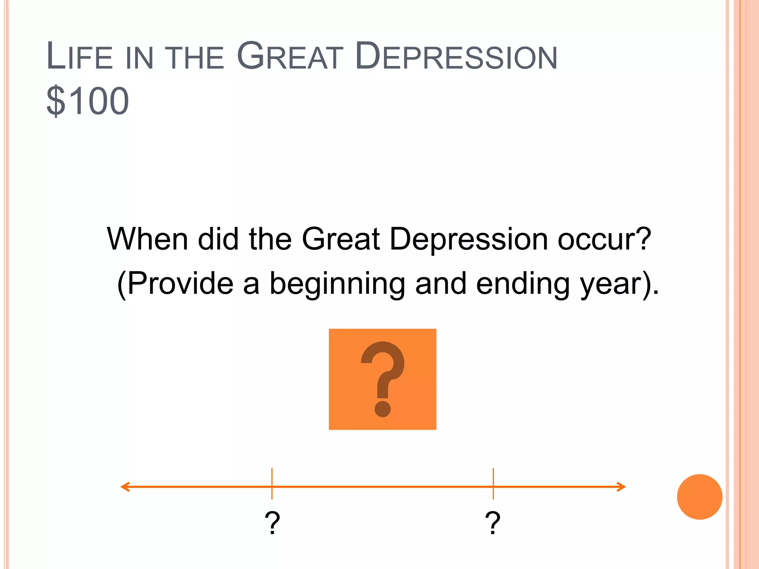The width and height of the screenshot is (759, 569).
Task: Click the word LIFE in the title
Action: coord(80,56)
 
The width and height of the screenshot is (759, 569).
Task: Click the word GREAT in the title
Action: coord(290,56)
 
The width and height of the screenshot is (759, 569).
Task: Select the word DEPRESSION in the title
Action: coord(456,56)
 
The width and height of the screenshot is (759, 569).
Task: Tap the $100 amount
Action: coord(88,101)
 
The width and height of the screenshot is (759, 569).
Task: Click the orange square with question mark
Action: coord(382,379)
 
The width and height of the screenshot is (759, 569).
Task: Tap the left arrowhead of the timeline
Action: coord(125,487)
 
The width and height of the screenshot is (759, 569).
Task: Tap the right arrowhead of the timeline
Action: coord(622,487)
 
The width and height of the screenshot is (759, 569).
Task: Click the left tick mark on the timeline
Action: coord(272,484)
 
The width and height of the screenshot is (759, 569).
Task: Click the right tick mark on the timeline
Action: coord(493,484)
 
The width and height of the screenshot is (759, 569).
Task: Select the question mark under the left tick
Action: coord(272,522)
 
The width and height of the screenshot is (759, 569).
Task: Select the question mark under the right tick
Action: coord(493,522)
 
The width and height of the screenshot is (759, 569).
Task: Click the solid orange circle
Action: coord(700,497)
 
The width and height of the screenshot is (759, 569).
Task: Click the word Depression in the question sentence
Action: coord(469,240)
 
